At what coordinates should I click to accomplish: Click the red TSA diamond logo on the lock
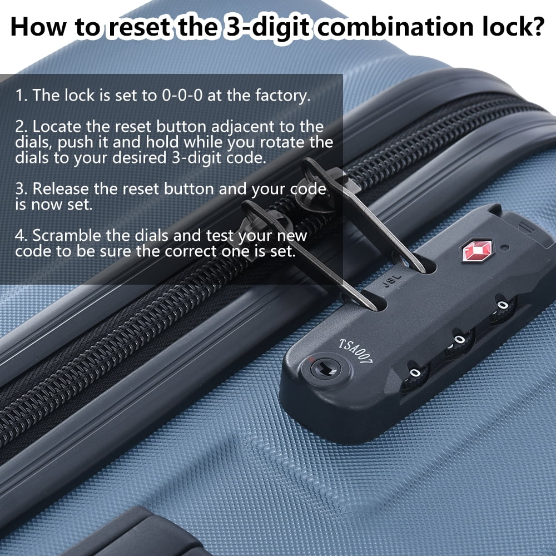click(x=478, y=251)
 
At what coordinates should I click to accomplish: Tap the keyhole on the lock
click(x=325, y=368)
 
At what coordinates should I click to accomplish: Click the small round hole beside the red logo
click(x=505, y=248)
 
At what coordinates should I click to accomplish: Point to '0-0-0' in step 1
click(x=182, y=96)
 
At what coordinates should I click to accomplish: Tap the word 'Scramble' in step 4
click(x=67, y=235)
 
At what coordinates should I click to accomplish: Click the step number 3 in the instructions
click(x=21, y=189)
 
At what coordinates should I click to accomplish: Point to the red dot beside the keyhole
click(x=311, y=359)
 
